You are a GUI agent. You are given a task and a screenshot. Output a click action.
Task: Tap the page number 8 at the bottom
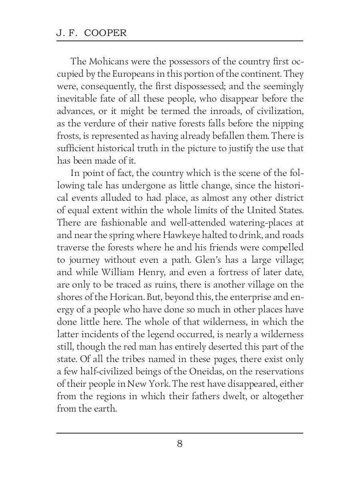(180, 444)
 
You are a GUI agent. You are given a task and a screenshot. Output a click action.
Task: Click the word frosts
(66, 136)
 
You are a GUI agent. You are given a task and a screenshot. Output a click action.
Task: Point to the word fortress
(243, 272)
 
